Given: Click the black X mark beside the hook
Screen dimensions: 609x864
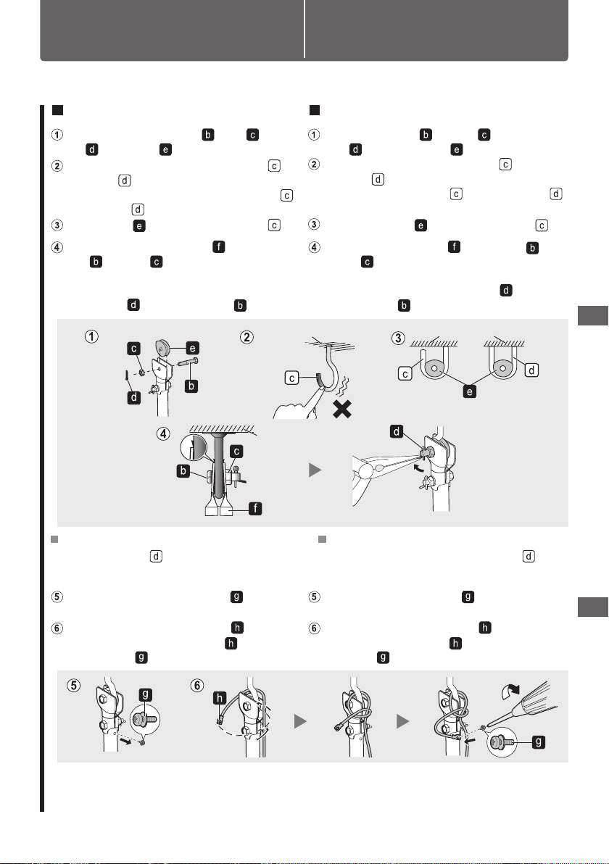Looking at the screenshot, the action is pyautogui.click(x=342, y=409).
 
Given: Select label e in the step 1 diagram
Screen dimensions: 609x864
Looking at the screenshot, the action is pyautogui.click(x=192, y=348).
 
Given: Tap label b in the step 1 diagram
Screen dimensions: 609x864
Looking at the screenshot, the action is pyautogui.click(x=191, y=386).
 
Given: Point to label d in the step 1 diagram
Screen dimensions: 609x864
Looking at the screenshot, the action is pyautogui.click(x=134, y=397).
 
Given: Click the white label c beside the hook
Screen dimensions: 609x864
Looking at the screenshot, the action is pyautogui.click(x=291, y=378).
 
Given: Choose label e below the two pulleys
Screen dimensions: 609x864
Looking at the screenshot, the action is pyautogui.click(x=470, y=392).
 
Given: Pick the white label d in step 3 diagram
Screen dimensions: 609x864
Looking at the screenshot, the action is pyautogui.click(x=531, y=370).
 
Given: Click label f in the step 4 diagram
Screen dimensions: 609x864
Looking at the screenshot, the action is pyautogui.click(x=255, y=508).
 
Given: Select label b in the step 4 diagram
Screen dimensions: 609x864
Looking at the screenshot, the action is pyautogui.click(x=183, y=471).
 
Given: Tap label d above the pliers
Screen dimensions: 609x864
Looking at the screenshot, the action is pyautogui.click(x=397, y=431).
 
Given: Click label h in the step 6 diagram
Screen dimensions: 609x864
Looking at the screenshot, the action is pyautogui.click(x=220, y=699).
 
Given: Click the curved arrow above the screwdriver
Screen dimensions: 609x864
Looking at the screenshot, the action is pyautogui.click(x=510, y=689).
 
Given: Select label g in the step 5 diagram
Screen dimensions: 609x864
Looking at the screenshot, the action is pyautogui.click(x=146, y=694).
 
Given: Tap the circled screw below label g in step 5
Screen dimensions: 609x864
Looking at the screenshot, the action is pyautogui.click(x=145, y=719).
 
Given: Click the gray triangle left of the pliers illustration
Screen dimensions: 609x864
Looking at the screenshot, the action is pyautogui.click(x=315, y=470).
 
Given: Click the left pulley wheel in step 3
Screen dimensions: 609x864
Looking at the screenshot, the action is pyautogui.click(x=434, y=369).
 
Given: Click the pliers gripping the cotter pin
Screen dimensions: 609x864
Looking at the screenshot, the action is pyautogui.click(x=386, y=465).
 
